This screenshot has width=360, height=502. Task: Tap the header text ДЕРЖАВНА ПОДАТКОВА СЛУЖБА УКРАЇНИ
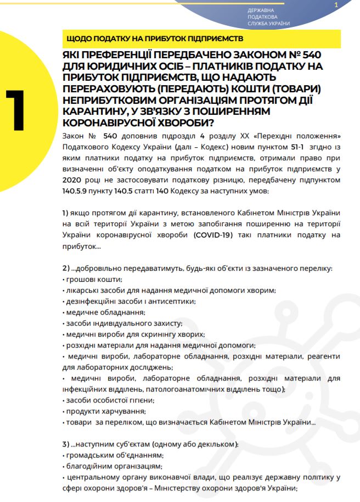pyautogui.click(x=269, y=17)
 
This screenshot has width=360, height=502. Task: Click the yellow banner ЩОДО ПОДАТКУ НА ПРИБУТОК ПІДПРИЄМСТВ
pyautogui.click(x=154, y=39)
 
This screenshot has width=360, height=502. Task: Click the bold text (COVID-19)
pyautogui.click(x=213, y=235)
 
